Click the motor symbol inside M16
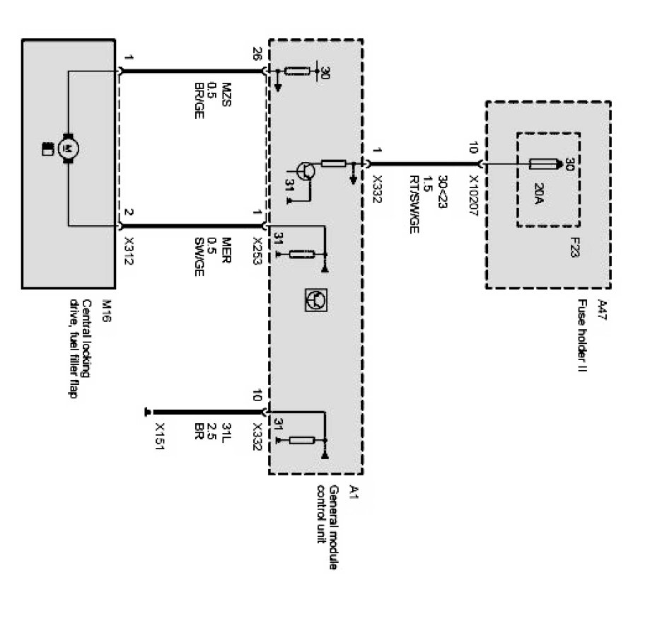point(69,147)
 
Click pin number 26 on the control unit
point(257,54)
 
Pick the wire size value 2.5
point(213,429)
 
